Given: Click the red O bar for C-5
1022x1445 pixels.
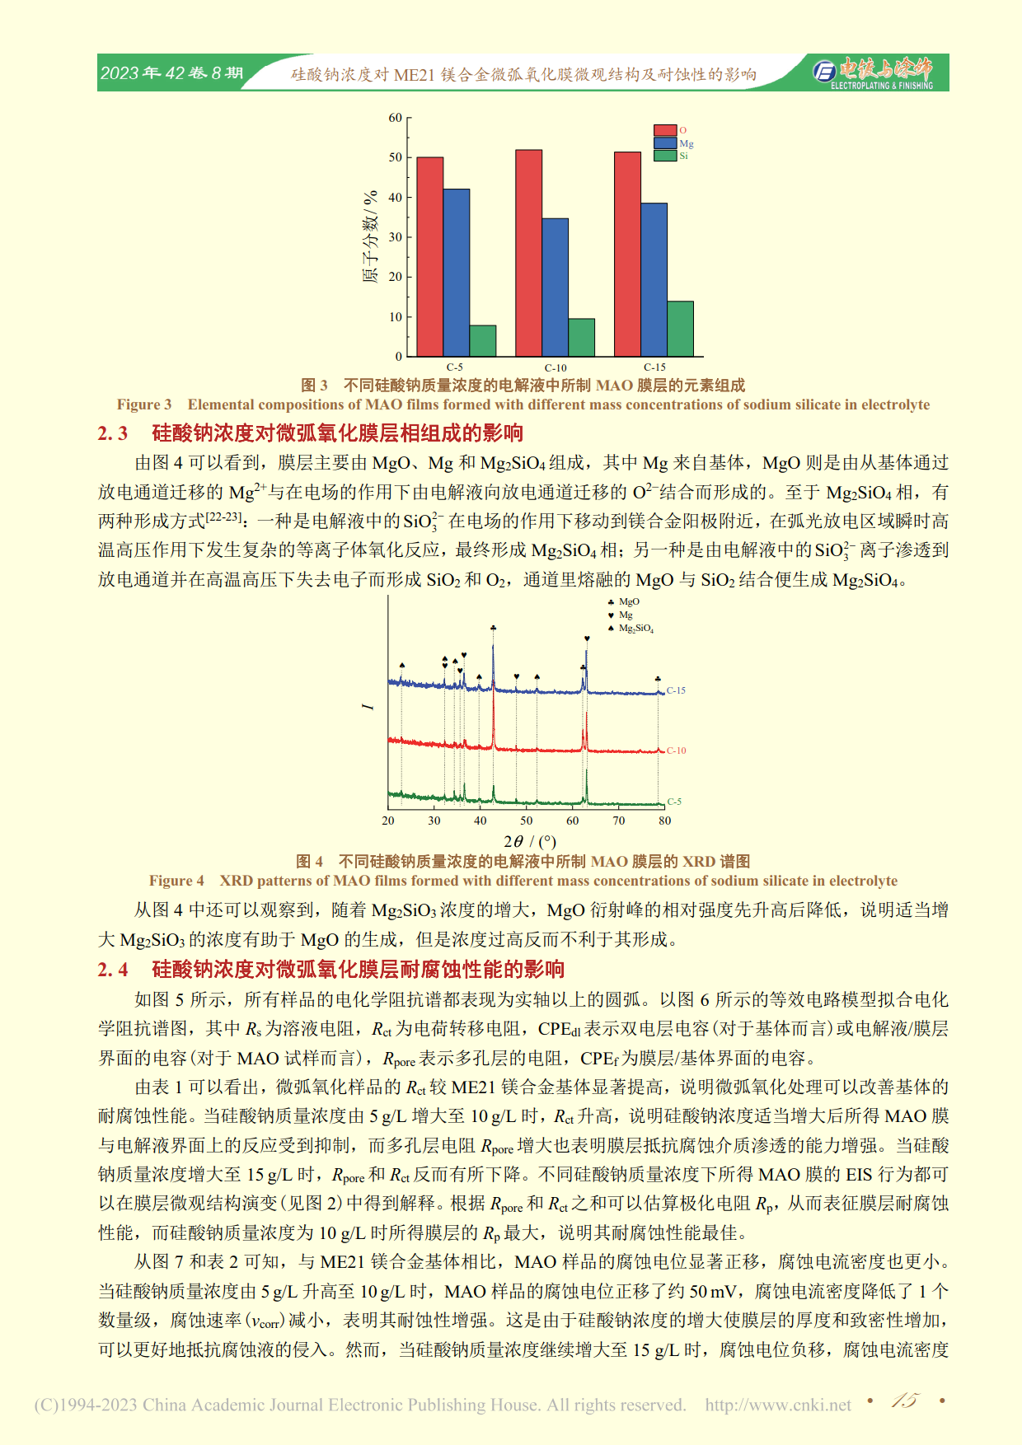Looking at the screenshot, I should [430, 256].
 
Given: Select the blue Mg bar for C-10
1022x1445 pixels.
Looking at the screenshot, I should [555, 287].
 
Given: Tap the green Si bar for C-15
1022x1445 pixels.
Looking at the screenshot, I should [680, 329].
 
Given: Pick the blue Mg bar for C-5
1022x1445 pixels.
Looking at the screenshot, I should [457, 273].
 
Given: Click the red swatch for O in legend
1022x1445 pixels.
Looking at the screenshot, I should [664, 130].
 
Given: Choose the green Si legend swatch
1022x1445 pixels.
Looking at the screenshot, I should [664, 156].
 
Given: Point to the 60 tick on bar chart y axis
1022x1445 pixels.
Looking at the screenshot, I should [396, 118].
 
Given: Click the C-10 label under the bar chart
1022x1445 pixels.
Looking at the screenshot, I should [556, 367].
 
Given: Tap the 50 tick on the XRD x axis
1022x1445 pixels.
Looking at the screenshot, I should [526, 821].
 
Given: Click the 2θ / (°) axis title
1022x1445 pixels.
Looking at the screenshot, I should [530, 841].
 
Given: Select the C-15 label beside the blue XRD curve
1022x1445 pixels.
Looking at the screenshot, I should [676, 690].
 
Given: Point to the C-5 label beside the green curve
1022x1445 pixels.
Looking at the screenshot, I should [674, 801].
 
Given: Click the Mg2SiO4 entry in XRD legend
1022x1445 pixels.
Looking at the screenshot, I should [635, 629].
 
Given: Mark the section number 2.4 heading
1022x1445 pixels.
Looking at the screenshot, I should [113, 970].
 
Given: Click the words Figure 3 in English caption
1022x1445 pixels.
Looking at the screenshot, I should [144, 405].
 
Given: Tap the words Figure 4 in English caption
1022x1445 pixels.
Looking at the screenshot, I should [176, 881].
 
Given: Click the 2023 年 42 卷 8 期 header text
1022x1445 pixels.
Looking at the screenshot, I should [171, 73].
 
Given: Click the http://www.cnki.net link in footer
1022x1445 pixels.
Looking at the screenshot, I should [778, 1405].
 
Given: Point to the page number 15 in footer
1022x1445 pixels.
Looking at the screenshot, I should [904, 1401].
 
